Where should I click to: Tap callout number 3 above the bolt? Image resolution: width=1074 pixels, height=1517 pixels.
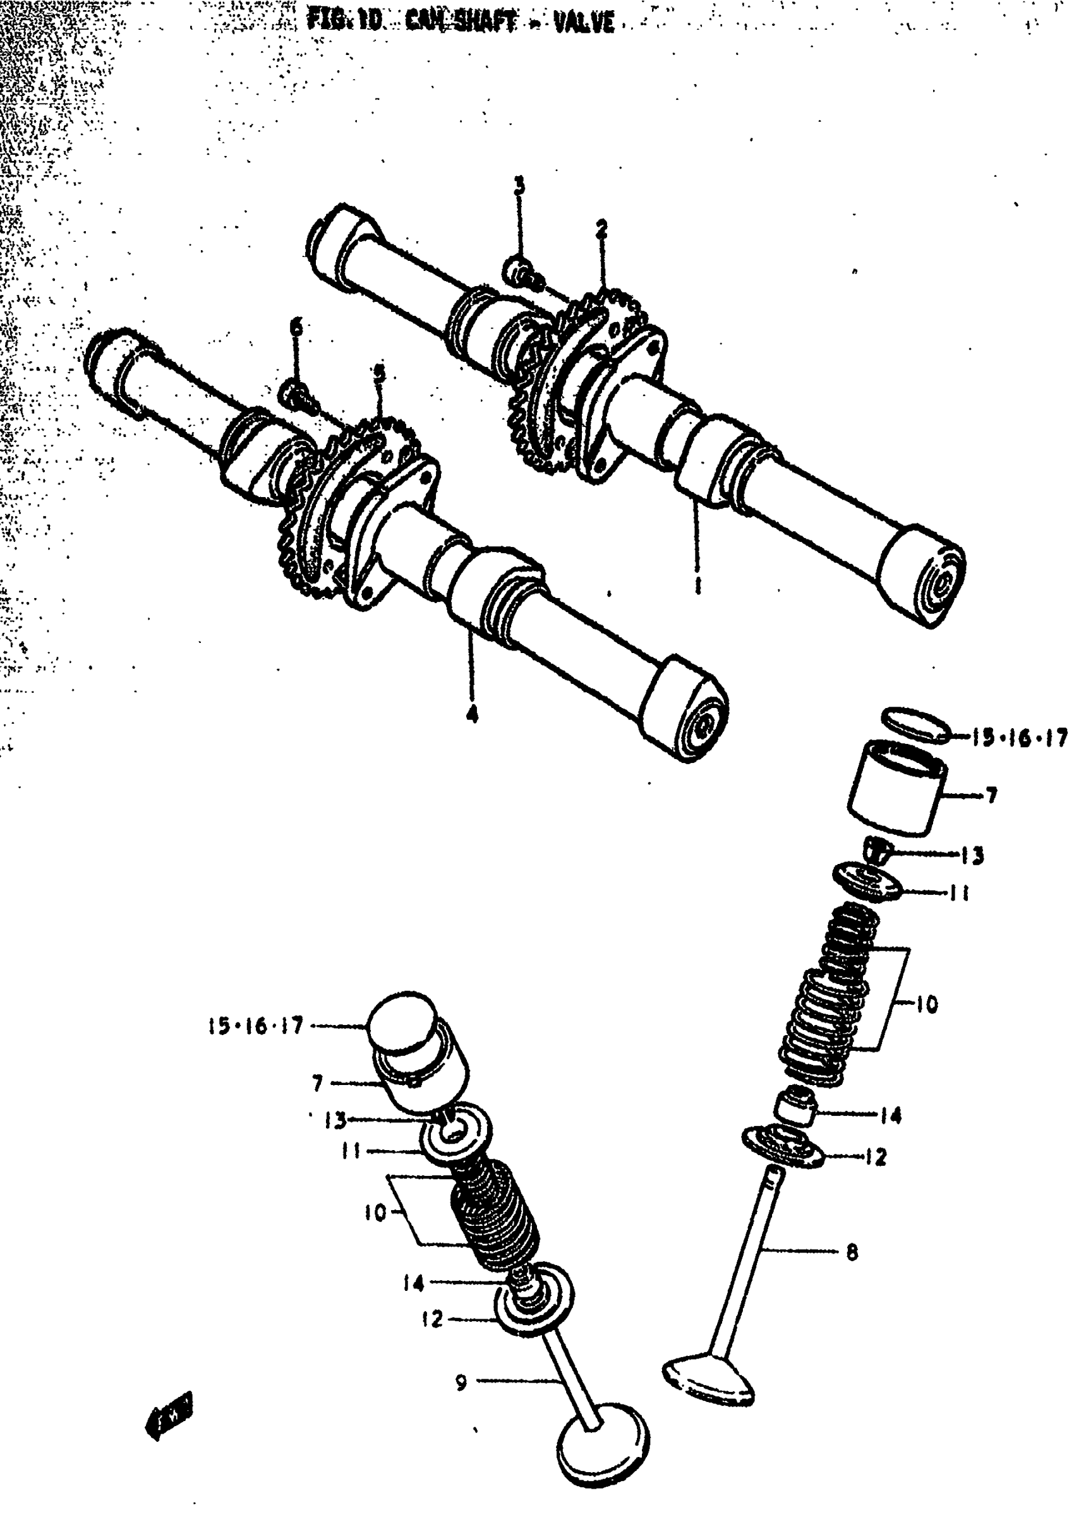click(x=520, y=186)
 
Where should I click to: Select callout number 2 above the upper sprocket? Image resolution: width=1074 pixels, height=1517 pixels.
click(x=601, y=230)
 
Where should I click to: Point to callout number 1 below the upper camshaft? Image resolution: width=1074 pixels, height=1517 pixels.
click(x=697, y=584)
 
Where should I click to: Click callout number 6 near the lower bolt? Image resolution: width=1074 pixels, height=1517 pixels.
click(x=297, y=327)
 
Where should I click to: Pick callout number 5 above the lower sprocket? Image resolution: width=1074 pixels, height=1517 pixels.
click(x=379, y=374)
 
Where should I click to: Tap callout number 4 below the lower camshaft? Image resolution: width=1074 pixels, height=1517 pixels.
click(x=471, y=714)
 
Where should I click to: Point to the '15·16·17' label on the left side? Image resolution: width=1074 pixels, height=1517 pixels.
click(x=255, y=1026)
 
